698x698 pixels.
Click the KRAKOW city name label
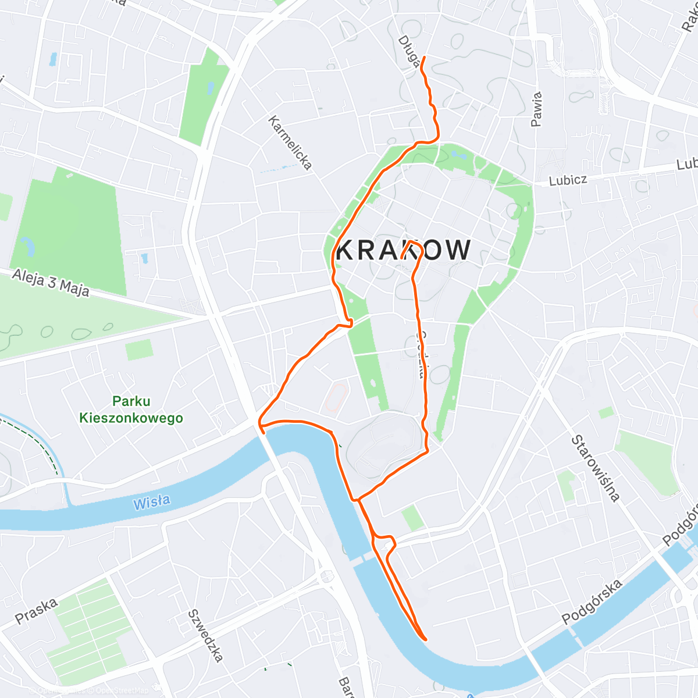coord(404,250)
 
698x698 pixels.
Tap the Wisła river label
coord(152,502)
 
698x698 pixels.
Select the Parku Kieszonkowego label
coord(131,409)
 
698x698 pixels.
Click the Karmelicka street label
coord(290,143)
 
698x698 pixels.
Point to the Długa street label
coord(409,51)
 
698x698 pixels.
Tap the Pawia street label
coord(536,109)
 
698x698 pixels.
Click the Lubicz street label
coord(568,180)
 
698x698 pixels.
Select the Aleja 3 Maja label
coord(51,283)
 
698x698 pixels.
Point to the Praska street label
coord(37,611)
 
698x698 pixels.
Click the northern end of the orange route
coord(423,57)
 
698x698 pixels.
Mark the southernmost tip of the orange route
coord(426,639)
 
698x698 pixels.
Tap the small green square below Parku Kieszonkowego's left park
coord(139,349)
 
